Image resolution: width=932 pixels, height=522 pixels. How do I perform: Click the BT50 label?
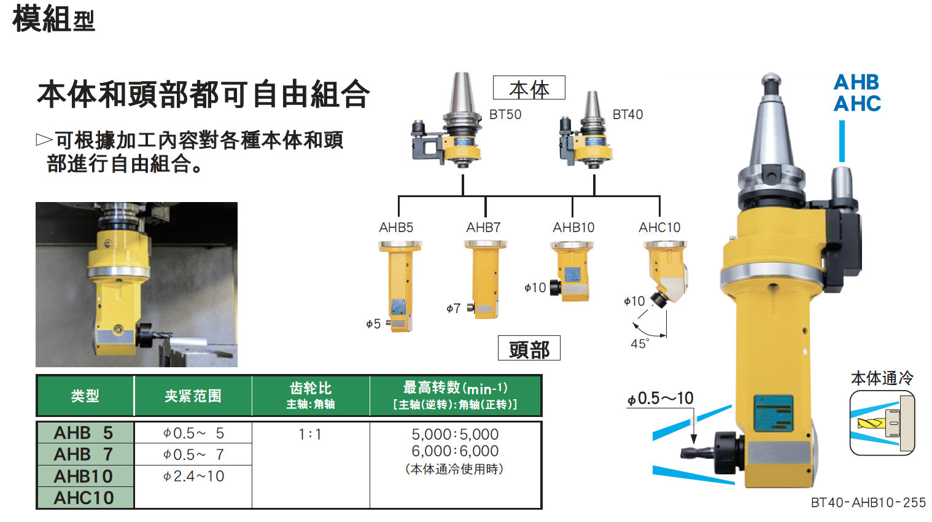pos(505,114)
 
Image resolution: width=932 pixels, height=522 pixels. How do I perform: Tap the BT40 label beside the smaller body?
pos(627,114)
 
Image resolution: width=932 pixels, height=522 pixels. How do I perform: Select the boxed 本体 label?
pos(529,88)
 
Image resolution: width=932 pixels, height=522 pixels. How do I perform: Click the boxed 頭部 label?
pos(529,348)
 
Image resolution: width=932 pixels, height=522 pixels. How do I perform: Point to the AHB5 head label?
pos(395,227)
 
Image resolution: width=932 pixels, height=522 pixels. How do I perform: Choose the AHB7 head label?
pos(483,227)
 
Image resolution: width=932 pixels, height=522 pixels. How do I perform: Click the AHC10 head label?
pos(659,227)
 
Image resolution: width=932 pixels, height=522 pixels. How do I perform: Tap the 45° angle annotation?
pos(640,344)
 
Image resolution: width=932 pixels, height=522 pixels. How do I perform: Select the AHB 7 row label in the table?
pos(83,454)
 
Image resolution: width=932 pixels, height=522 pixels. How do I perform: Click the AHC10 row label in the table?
pos(83,498)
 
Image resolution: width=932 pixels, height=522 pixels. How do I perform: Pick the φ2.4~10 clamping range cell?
pos(193,476)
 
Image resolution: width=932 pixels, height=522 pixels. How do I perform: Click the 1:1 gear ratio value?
pos(310,435)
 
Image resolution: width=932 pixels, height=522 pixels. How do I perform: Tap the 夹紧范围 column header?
pos(193,396)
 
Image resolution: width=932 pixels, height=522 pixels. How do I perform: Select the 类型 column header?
pos(85,396)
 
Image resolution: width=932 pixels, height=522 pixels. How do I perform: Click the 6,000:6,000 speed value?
pos(455,451)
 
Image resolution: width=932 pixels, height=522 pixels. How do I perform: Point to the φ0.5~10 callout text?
pos(660,399)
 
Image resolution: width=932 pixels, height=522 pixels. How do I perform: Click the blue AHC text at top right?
pos(857,104)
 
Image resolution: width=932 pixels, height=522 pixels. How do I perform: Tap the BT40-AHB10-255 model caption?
pos(868,502)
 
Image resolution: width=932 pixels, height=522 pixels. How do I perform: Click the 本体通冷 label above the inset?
pos(882,378)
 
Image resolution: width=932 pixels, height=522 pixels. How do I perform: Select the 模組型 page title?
pos(53,19)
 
